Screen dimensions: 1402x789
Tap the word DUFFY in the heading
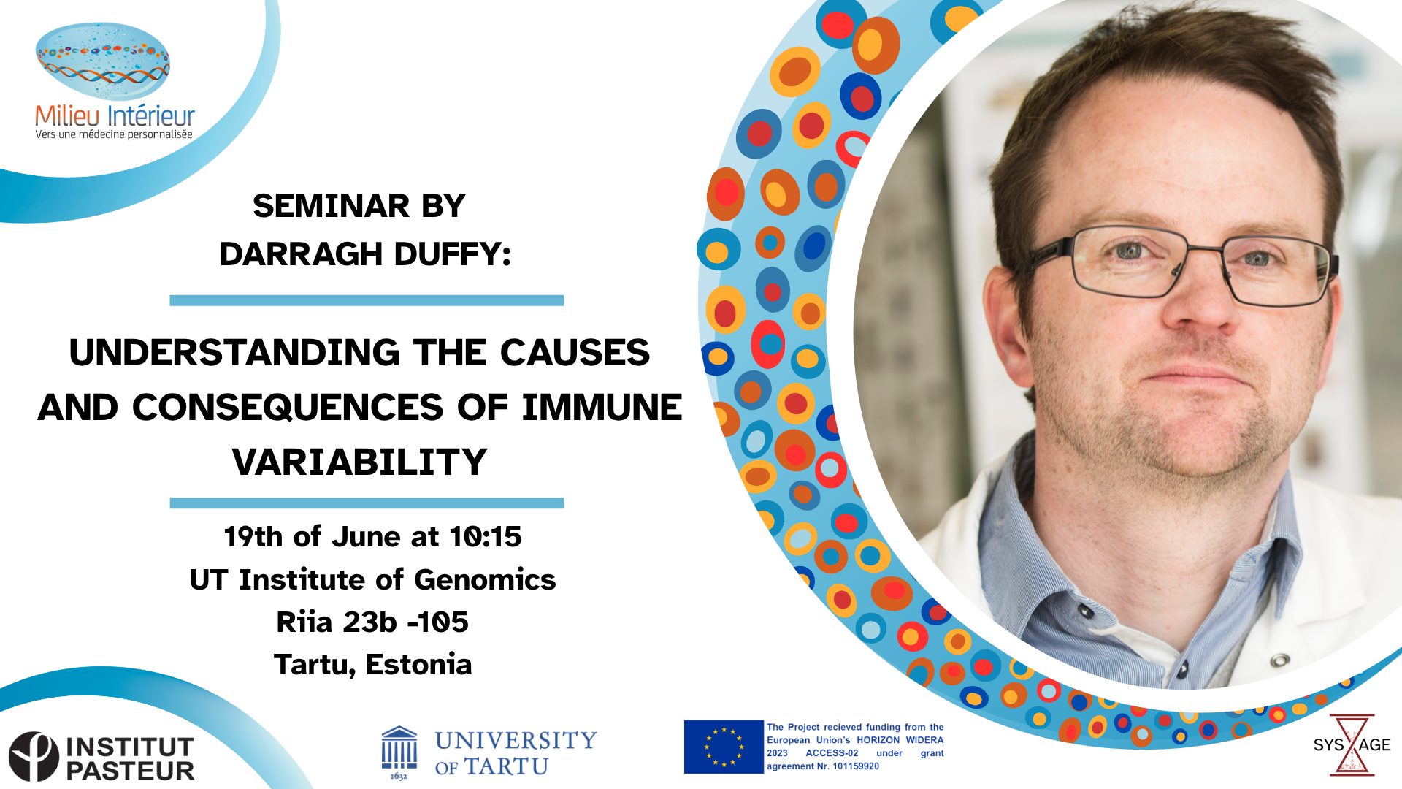click(x=452, y=254)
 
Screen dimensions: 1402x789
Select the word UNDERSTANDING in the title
click(x=234, y=352)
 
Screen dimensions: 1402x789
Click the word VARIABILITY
click(x=359, y=462)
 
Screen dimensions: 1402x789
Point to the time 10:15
click(x=485, y=537)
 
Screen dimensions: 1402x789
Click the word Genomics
click(x=485, y=580)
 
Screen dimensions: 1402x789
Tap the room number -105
click(x=437, y=622)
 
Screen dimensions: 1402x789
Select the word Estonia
click(x=418, y=665)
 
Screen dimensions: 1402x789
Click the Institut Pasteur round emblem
click(x=34, y=757)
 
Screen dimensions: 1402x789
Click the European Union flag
click(x=724, y=747)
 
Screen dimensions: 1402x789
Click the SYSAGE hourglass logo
click(x=1352, y=744)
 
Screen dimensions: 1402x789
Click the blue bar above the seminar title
click(x=367, y=300)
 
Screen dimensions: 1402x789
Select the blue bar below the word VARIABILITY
click(x=367, y=503)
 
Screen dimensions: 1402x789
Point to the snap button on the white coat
click(x=1279, y=660)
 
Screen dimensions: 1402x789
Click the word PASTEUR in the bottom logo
click(x=130, y=771)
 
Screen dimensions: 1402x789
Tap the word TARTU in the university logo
click(x=506, y=767)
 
